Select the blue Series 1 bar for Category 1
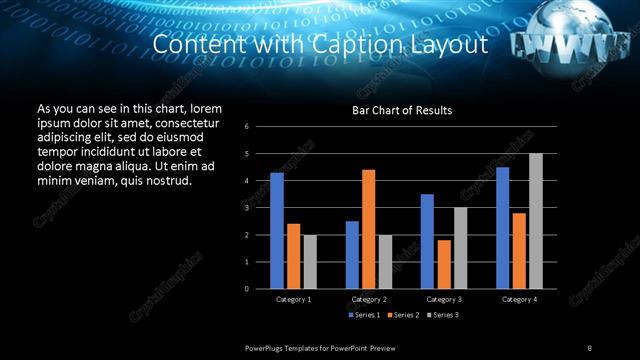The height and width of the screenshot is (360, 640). click(277, 231)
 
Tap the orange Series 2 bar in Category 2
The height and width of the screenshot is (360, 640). click(368, 229)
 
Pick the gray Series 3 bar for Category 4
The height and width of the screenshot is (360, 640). click(535, 221)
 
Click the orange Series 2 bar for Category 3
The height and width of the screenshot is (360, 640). click(444, 264)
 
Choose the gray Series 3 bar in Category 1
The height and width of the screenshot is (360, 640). click(310, 262)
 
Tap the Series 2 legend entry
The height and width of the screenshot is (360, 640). click(402, 315)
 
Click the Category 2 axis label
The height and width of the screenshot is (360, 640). click(369, 299)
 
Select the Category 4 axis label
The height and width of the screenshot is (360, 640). click(519, 299)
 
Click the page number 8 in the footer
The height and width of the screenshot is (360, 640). click(589, 347)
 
